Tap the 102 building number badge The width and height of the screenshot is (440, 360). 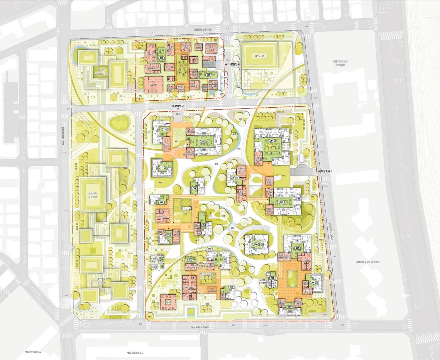(x=208, y=75)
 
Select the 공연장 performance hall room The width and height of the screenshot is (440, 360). (x=152, y=84)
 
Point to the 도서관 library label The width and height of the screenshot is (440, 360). (x=151, y=55)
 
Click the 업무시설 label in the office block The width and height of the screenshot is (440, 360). (x=259, y=55)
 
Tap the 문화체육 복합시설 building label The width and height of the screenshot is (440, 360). (x=92, y=195)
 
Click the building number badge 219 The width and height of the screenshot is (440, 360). (x=203, y=142)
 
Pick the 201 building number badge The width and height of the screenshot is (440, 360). (x=272, y=141)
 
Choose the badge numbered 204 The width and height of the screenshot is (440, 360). (x=256, y=244)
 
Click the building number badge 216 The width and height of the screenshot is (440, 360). (x=194, y=188)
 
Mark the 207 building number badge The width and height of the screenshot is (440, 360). (x=290, y=307)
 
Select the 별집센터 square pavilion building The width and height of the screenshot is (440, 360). (x=168, y=302)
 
